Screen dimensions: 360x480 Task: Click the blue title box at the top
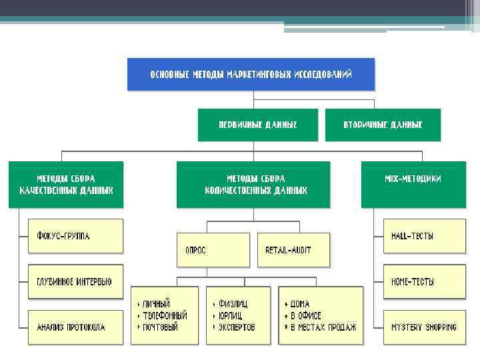251,73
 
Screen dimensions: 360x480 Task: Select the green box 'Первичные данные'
258,125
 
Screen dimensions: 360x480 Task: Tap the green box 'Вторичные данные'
383,125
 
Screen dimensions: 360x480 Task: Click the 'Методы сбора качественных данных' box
65,184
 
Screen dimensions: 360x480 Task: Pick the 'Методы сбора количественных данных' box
253,184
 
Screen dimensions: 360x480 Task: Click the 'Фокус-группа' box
75,236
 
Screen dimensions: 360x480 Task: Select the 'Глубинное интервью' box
75,282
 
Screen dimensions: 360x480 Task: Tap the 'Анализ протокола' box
75,327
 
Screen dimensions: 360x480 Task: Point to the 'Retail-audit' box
293,250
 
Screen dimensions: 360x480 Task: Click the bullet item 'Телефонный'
164,315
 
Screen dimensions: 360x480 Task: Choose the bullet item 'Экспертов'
236,327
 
